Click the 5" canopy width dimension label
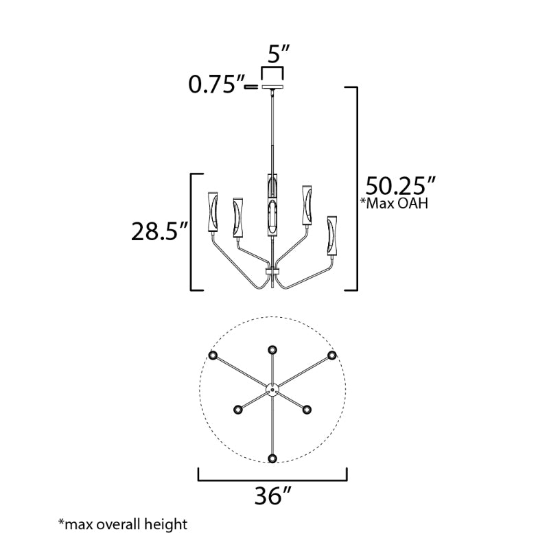click(x=279, y=54)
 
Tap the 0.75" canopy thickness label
click(x=216, y=84)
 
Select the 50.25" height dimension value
click(x=401, y=185)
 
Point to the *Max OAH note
click(x=394, y=203)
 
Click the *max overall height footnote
click(x=123, y=524)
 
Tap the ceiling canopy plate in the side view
click(x=272, y=87)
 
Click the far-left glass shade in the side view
click(x=213, y=212)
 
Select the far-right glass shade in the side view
click(x=332, y=235)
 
